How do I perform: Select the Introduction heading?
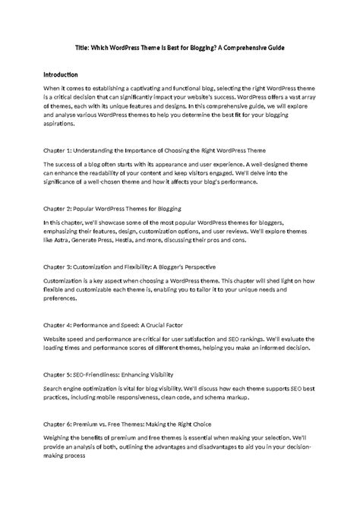[62, 75]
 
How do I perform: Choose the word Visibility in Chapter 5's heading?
[157, 374]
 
